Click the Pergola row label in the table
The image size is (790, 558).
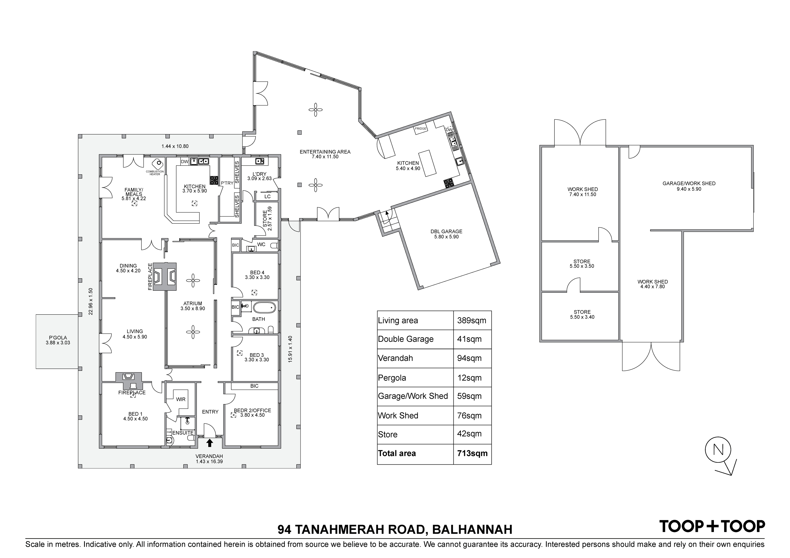392,378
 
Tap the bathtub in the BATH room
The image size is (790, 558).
265,307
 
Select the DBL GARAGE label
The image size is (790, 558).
446,231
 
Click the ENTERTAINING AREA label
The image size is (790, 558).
325,152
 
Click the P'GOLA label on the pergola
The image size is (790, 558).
58,338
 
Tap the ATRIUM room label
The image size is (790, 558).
193,303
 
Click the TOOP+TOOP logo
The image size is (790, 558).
712,526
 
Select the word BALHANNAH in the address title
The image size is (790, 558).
472,529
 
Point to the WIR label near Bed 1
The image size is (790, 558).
181,399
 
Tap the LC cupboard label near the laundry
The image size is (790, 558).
267,197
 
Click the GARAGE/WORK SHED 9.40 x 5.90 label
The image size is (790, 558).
689,186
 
